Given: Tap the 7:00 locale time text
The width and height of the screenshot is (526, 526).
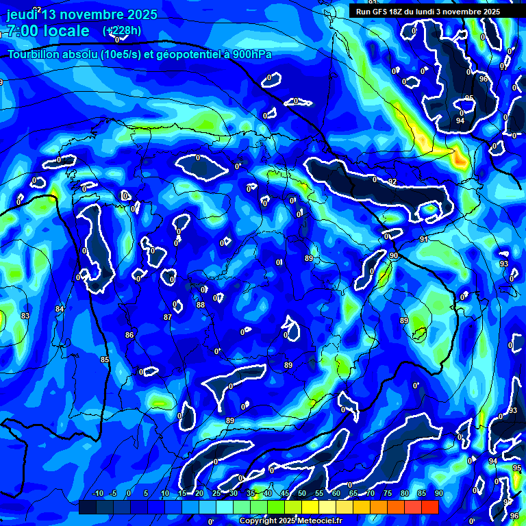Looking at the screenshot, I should click(48, 31).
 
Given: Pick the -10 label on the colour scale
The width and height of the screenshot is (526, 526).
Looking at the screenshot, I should click(97, 494).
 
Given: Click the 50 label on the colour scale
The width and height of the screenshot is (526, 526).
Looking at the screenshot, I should click(302, 494).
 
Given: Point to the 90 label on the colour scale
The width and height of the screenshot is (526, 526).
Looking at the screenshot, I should click(439, 494).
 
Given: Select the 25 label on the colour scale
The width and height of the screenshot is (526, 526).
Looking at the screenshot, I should click(216, 494).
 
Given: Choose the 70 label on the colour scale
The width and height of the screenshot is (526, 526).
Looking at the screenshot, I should click(371, 494).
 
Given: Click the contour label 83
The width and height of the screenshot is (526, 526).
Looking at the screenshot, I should click(25, 316).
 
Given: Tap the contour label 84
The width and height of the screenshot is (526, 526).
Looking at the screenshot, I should click(60, 310).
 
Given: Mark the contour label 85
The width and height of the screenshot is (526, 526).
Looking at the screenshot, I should click(105, 360).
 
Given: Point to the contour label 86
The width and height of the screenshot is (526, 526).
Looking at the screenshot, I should click(129, 335).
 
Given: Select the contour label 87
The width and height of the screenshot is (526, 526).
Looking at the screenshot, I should click(167, 317).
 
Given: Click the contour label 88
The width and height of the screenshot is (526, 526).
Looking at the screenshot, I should click(201, 305).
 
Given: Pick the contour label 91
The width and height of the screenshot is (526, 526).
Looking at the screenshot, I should click(424, 239).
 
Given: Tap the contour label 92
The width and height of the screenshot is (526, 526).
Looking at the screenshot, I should click(392, 181).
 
